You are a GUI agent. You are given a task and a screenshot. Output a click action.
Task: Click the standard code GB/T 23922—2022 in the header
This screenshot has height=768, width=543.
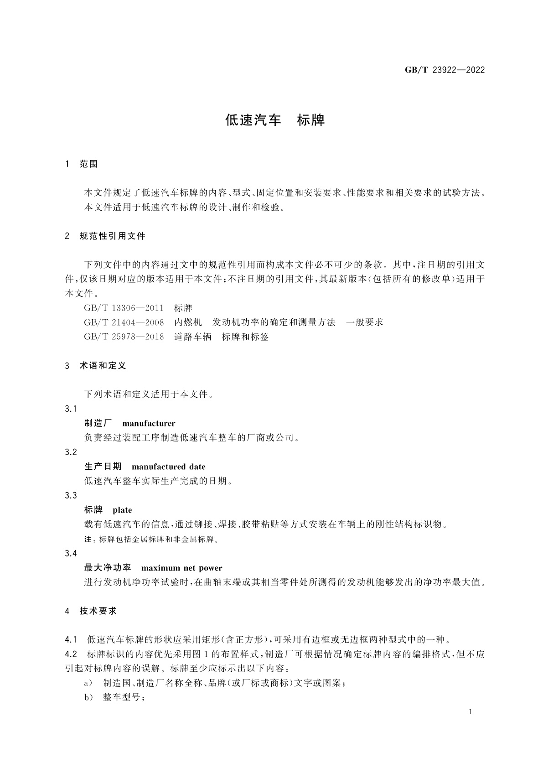pos(445,70)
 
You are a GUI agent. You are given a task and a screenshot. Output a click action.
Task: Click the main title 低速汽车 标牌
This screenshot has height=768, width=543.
pos(275,120)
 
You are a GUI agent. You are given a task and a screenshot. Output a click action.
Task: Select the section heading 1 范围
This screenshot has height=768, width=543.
pos(82,164)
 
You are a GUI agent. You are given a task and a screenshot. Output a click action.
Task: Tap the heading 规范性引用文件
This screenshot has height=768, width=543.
pos(113,236)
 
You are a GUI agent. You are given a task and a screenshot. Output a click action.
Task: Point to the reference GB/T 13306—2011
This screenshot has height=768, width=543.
pos(124,308)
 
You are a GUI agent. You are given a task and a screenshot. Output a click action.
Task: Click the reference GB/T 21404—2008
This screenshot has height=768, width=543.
pos(124,322)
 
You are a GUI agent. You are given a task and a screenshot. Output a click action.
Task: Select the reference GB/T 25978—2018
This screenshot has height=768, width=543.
pos(124,337)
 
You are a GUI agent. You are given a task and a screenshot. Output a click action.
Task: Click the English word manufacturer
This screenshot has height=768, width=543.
pos(149,424)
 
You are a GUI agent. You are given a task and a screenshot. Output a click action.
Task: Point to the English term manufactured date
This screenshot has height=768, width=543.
pos(168,467)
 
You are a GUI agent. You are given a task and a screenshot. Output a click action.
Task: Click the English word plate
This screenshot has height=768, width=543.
pos(122,510)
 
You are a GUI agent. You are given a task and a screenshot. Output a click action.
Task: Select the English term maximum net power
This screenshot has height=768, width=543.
pos(181,568)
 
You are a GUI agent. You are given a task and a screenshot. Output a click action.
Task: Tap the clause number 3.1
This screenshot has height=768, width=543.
pos(71,409)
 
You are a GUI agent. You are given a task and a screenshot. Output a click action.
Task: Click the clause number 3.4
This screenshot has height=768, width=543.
pos(71,554)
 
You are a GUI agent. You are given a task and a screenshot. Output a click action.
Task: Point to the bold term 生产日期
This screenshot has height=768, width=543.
pos(103,467)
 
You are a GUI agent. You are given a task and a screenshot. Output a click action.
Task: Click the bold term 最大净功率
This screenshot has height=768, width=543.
pos(108,568)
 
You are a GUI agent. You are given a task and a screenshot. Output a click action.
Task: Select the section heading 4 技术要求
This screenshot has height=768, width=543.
pos(91,611)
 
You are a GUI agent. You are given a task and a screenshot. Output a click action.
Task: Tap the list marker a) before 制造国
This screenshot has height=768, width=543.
pos(88,683)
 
